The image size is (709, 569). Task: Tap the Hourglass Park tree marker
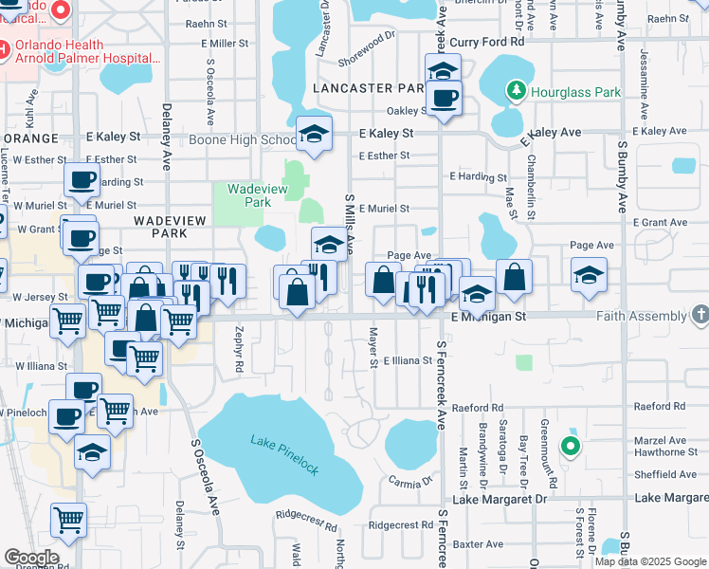click(x=517, y=92)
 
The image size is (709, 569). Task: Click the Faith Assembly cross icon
click(x=700, y=313)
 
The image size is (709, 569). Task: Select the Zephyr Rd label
click(x=238, y=351)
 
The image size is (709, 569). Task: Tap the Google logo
click(x=31, y=558)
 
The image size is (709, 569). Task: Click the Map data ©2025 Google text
click(x=650, y=561)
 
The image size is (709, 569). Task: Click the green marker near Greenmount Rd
click(x=570, y=445)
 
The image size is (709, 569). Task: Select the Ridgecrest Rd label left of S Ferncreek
click(x=399, y=524)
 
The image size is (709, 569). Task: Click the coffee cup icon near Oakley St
click(x=444, y=97)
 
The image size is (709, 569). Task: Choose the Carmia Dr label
click(x=409, y=481)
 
